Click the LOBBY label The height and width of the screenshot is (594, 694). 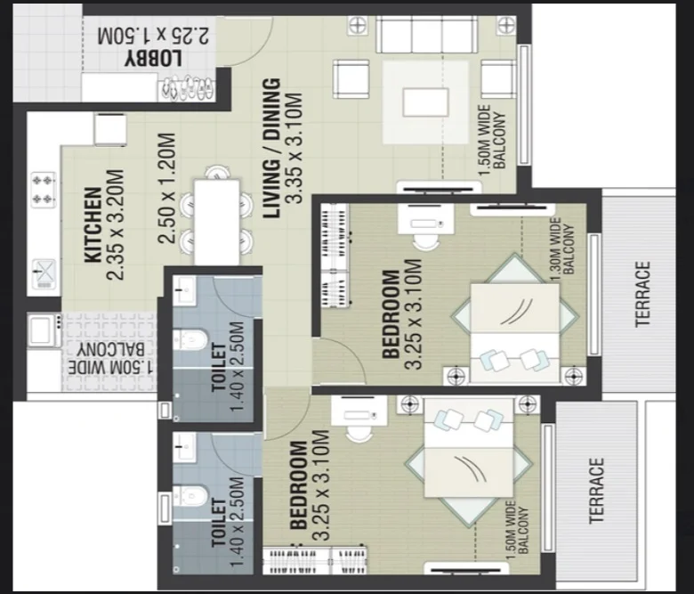point(153,59)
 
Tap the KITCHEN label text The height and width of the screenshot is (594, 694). point(93,224)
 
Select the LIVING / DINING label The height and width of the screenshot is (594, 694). point(271,148)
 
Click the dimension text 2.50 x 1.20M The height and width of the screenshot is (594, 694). point(167,188)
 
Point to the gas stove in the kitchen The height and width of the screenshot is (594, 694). point(44,189)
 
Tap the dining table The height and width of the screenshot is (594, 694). point(217,222)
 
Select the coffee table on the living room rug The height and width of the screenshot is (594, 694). point(425,102)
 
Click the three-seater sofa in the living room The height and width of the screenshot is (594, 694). point(427,35)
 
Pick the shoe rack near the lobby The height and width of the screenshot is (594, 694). point(187,86)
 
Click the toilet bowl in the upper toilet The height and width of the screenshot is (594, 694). point(190,340)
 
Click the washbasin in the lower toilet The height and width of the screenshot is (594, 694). point(184,447)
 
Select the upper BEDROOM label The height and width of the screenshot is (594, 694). point(391,314)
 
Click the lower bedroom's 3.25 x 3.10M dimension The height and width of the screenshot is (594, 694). point(321,485)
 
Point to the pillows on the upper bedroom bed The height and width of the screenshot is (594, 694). point(513,360)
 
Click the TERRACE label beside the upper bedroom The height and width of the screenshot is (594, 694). point(642,294)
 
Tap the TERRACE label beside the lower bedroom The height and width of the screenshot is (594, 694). point(597,491)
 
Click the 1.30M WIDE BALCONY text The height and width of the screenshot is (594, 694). point(562,249)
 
